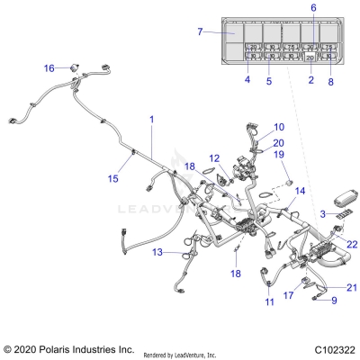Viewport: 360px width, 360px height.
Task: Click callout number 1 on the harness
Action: pyautogui.click(x=151, y=120)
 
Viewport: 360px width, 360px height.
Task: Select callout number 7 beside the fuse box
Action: pyautogui.click(x=200, y=32)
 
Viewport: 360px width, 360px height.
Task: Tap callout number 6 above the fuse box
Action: pyautogui.click(x=313, y=8)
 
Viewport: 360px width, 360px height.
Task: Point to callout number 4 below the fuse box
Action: pyautogui.click(x=247, y=80)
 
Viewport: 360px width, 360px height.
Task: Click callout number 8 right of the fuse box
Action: pyautogui.click(x=331, y=80)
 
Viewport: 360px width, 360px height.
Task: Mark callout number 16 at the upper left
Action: pyautogui.click(x=49, y=67)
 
